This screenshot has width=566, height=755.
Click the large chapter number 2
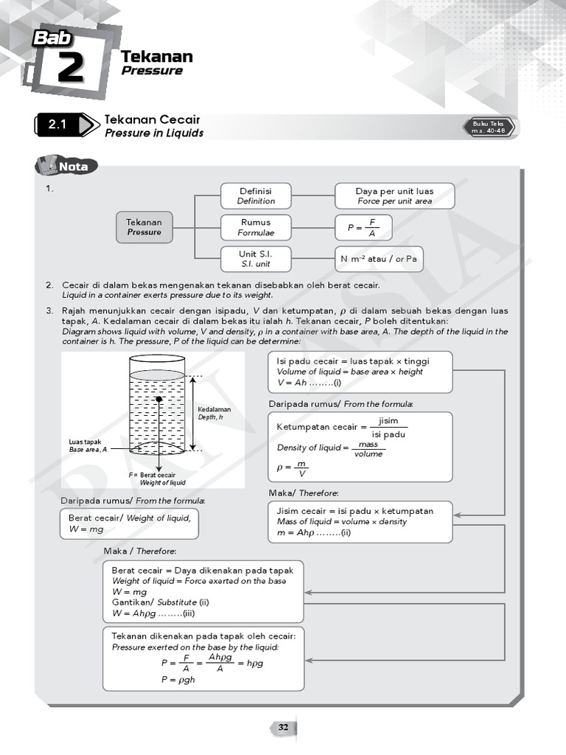pos(70,69)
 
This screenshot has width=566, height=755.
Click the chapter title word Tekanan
pos(156,57)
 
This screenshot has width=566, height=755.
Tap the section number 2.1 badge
pos(57,125)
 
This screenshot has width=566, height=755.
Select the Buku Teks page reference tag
pos(489,127)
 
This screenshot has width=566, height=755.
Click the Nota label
pos(73,167)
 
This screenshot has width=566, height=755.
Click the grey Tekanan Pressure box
pos(144,227)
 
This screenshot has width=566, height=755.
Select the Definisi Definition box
pos(256,196)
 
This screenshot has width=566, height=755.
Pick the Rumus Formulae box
pos(256,227)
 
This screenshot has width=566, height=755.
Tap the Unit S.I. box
pos(256,259)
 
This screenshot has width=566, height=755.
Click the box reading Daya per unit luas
pos(394,196)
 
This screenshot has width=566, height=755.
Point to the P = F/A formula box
pos(363,228)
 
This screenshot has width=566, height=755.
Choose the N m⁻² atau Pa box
pos(379,260)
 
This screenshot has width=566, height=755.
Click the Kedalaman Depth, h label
pos(214,413)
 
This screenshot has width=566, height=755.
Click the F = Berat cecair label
pos(157,479)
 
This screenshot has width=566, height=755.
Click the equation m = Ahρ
pos(313,532)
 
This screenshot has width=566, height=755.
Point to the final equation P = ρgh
pos(178,680)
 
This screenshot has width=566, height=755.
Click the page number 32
pos(283,728)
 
